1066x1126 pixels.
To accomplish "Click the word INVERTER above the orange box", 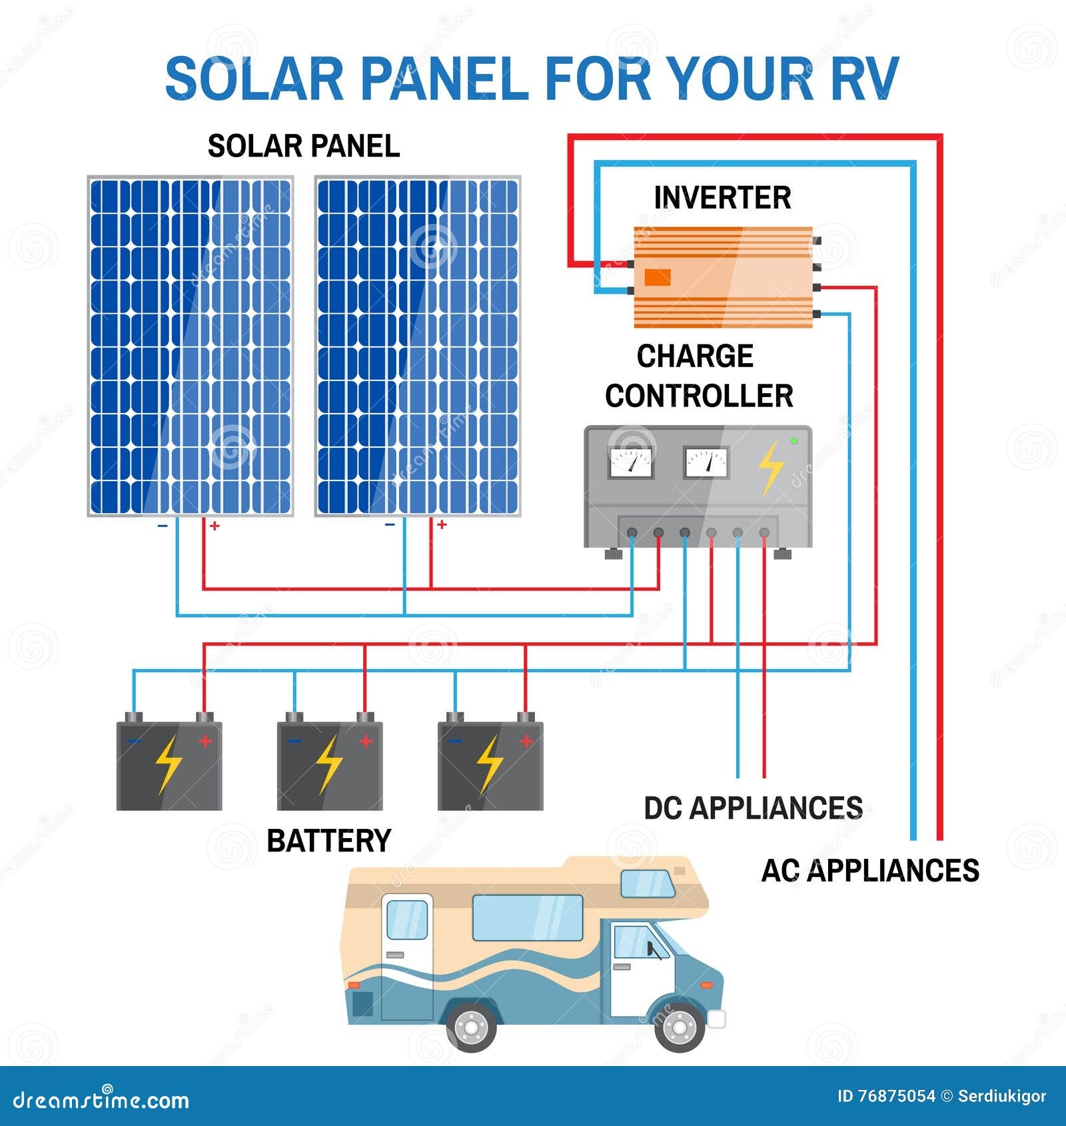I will click(x=722, y=198).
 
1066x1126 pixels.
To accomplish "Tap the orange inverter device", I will click(x=723, y=277).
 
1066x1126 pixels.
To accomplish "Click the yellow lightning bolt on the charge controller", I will click(x=772, y=468).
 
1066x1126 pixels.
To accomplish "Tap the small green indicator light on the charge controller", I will click(x=794, y=441).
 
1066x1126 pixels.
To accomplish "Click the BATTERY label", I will click(x=328, y=841).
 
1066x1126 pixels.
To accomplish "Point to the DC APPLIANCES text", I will click(x=753, y=808).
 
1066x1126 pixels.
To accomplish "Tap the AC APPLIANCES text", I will click(x=870, y=871).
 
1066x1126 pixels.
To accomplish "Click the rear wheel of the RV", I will click(x=472, y=1027).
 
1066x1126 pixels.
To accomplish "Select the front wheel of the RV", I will click(x=680, y=1027).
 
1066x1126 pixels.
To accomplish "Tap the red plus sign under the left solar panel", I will click(x=215, y=526).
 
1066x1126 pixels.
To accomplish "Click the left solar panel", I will click(x=191, y=346).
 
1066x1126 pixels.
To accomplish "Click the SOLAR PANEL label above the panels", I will click(x=304, y=147).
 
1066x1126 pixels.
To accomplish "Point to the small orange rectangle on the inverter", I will click(x=658, y=277).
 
